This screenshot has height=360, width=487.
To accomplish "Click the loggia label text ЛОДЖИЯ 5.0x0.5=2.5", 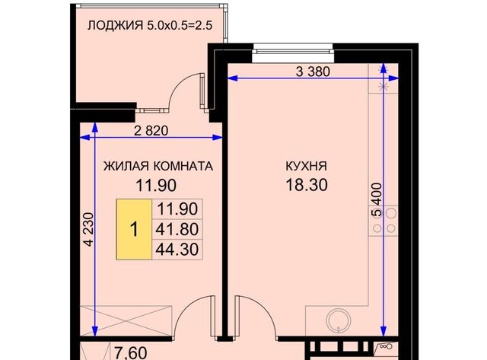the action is click(150, 25).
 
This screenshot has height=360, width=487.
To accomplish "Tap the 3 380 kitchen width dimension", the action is click(313, 72).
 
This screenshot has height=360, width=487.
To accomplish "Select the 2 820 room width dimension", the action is click(151, 131).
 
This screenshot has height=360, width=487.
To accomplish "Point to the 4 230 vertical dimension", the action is click(89, 229).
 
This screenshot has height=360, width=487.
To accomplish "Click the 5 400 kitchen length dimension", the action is click(377, 199).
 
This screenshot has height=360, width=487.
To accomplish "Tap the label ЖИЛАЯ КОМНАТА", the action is click(158, 166).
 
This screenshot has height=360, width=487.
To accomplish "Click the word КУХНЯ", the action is click(306, 166).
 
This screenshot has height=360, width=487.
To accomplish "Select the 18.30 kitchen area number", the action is click(306, 185).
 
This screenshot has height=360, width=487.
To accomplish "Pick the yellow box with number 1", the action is click(134, 229).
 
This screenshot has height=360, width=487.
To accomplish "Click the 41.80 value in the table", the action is click(177, 229).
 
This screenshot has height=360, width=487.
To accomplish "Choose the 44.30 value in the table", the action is click(177, 249).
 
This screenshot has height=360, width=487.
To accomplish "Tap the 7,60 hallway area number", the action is click(131, 353).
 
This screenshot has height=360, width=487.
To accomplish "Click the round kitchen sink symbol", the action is click(339, 320).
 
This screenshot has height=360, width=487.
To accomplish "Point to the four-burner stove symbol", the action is click(384, 221).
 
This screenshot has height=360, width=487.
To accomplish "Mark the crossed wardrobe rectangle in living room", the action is click(126, 320).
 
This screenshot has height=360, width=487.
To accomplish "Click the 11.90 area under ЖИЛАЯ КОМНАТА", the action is click(156, 186).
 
